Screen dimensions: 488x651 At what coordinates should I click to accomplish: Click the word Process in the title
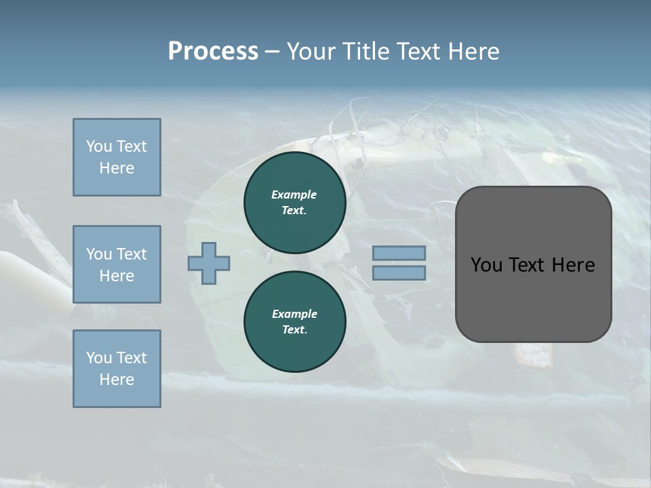tap(213, 52)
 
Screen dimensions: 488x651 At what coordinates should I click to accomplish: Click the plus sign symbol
tap(209, 263)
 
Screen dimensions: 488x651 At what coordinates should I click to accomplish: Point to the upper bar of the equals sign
tap(399, 253)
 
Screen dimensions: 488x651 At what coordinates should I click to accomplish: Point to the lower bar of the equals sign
tap(399, 273)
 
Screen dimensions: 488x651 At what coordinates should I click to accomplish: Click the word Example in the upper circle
tap(294, 195)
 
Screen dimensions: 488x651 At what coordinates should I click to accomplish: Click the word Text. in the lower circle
tap(294, 330)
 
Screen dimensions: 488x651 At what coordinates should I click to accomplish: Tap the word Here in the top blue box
tap(117, 168)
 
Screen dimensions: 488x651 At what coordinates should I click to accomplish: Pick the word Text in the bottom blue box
tap(131, 358)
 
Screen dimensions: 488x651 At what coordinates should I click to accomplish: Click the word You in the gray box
tap(486, 265)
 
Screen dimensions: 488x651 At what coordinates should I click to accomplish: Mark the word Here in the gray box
tap(573, 265)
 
